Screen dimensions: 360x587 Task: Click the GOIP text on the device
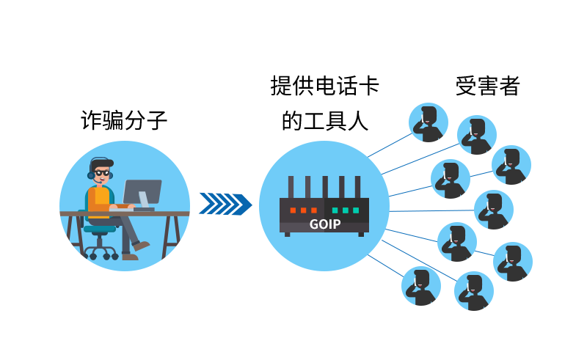[324, 224]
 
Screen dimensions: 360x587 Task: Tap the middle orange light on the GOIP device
[303, 210]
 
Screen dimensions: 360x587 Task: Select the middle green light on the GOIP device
[345, 210]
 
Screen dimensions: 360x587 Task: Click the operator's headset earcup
[92, 175]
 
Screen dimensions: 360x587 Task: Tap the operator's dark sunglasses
[103, 173]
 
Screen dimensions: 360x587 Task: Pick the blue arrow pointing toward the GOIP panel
[225, 204]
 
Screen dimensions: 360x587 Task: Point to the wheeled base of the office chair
[100, 253]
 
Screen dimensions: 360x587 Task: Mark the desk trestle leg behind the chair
[73, 238]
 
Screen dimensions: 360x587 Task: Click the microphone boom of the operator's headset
[98, 181]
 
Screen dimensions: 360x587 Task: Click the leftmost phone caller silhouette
[420, 287]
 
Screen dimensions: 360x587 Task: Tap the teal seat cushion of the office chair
[99, 229]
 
